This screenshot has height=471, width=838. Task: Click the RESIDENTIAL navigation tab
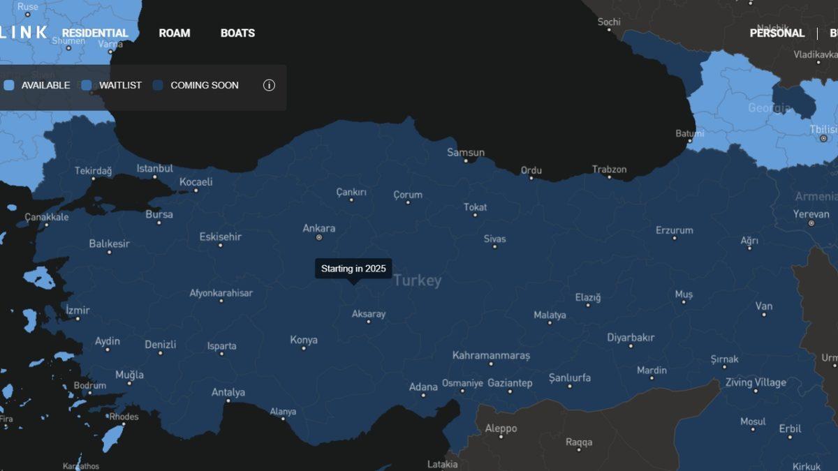(95, 33)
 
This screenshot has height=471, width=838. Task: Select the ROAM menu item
(174, 33)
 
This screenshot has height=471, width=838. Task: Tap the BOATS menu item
(237, 33)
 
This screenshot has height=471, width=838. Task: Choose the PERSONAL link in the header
(777, 33)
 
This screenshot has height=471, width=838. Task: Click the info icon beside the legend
(269, 85)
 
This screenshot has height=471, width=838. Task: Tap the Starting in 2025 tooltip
(353, 269)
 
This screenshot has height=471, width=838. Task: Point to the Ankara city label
(318, 228)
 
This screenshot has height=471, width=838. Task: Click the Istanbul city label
(154, 168)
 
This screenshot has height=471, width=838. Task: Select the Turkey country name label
(417, 281)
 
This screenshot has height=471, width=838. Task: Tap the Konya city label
(304, 340)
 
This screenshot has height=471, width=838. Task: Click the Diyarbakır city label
(631, 338)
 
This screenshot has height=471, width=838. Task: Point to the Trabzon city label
(609, 170)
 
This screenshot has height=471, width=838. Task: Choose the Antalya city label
(228, 392)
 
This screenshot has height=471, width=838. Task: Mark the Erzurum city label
(674, 230)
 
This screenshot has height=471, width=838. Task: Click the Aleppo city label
(501, 428)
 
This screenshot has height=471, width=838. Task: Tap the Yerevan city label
(811, 214)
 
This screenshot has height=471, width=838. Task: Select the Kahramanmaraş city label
(491, 355)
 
